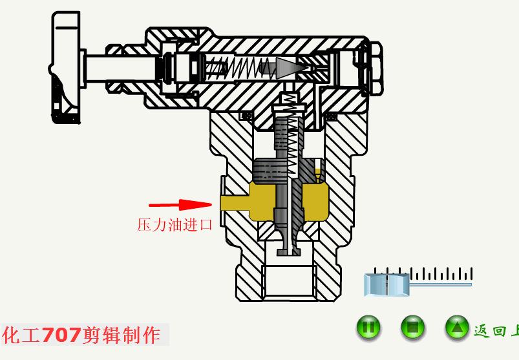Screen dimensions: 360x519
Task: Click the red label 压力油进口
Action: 175,225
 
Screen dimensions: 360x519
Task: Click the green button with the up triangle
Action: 457,328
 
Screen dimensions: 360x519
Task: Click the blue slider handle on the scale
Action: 387,285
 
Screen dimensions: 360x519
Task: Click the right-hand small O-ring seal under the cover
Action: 331,116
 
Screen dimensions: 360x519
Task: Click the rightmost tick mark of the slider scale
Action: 472,273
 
